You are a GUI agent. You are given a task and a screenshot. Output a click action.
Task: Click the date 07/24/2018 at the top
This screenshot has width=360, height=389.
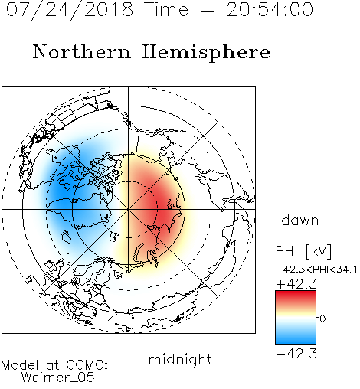pyautogui.click(x=70, y=10)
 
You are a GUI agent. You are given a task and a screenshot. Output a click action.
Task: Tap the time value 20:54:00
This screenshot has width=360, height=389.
pyautogui.click(x=270, y=9)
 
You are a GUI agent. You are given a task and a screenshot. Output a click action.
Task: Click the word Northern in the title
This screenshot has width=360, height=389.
pyautogui.click(x=82, y=51)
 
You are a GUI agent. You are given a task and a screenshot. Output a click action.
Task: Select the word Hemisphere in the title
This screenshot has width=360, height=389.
pyautogui.click(x=206, y=52)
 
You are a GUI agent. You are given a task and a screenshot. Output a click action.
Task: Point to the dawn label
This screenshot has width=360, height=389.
pyautogui.click(x=300, y=220)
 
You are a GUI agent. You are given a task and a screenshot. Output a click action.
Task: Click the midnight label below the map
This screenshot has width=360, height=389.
pyautogui.click(x=180, y=360)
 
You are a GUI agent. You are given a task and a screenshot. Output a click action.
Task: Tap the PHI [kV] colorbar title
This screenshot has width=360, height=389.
pyautogui.click(x=303, y=251)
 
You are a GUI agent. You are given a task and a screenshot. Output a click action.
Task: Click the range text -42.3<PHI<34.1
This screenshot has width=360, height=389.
pyautogui.click(x=316, y=270)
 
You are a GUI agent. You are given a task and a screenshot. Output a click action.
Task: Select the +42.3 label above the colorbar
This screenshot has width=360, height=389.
pyautogui.click(x=296, y=284)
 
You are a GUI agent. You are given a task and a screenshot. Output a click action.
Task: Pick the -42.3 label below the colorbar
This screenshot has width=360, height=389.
pyautogui.click(x=296, y=354)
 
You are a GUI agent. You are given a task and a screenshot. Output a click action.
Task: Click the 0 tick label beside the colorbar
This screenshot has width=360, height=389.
pyautogui.click(x=322, y=319)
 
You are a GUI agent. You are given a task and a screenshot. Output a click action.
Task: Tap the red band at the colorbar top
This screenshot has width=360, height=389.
pyautogui.click(x=296, y=296)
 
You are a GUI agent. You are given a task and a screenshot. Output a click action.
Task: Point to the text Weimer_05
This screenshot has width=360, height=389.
pyautogui.click(x=58, y=378)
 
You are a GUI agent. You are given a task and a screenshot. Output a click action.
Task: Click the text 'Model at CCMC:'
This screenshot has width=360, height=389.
pyautogui.click(x=54, y=365)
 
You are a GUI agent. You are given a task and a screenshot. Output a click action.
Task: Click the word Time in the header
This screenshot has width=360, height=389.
pyautogui.click(x=166, y=9)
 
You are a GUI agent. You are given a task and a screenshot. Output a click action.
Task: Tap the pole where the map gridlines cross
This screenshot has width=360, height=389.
pyautogui.click(x=129, y=210)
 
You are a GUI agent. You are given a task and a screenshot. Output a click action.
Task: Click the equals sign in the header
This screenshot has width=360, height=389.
pyautogui.click(x=208, y=11)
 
